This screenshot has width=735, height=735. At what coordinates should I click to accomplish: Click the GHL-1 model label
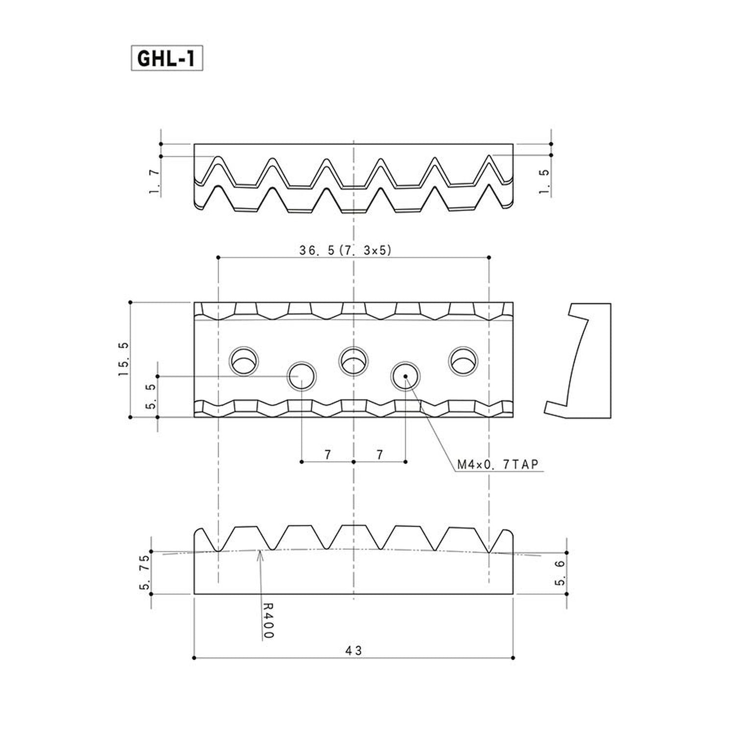167,58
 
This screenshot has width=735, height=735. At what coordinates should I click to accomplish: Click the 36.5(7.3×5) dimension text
345,250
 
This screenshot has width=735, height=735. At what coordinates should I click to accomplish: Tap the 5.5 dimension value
151,396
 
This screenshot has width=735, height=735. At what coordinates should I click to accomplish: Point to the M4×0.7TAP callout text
498,465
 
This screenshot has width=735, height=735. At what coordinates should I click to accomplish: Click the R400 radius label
268,620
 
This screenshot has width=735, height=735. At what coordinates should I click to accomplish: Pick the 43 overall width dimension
353,650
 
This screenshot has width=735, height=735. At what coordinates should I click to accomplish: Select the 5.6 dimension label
560,573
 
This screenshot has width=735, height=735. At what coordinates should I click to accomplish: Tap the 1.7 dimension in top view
154,181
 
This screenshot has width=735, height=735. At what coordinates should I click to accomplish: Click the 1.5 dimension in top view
544,181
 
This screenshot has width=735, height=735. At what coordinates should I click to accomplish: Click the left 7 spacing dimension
327,455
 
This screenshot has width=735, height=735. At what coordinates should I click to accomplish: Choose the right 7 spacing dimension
380,455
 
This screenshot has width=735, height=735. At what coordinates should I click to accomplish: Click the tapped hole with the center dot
405,376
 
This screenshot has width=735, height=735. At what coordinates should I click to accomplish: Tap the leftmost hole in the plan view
244,361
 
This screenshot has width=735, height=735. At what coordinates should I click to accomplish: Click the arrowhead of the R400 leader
259,553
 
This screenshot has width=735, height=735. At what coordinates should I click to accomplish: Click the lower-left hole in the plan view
301,376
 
